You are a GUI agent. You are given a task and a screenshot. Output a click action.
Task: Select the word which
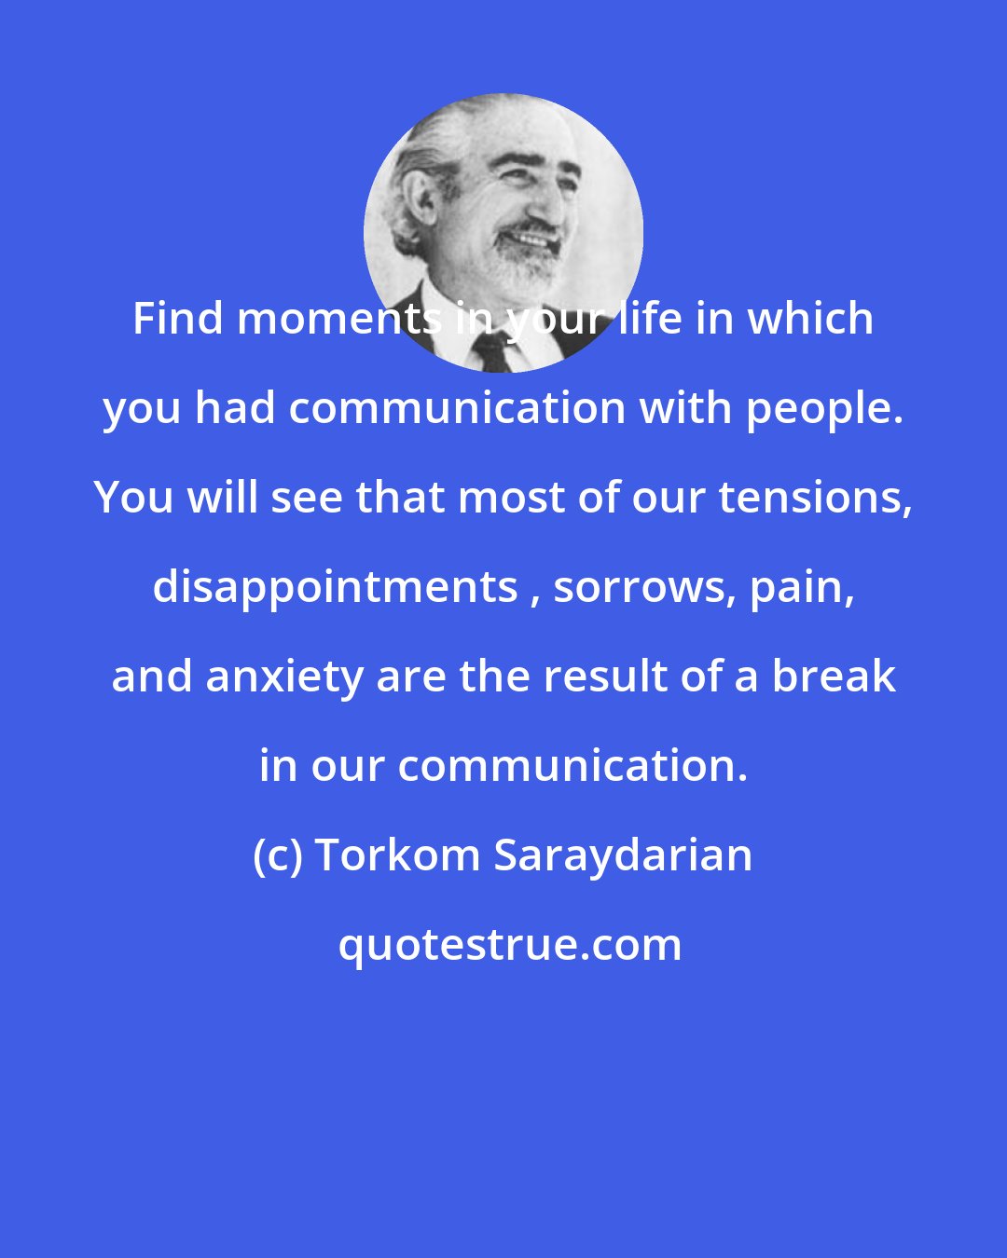coord(810,320)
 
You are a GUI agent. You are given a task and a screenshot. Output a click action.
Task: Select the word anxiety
coord(283,677)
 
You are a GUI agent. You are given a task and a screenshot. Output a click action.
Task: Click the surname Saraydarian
coord(623,856)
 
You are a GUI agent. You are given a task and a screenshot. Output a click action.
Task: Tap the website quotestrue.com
coord(510,946)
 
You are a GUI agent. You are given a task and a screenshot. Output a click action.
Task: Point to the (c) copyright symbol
coord(278,856)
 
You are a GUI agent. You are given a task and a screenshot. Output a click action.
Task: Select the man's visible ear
coord(418,200)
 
